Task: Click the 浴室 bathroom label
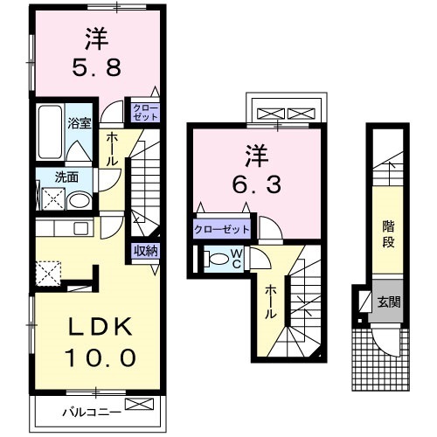coord(80,123)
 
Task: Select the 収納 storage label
coord(146,251)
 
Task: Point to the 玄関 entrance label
coord(389,303)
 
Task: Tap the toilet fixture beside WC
coord(213,260)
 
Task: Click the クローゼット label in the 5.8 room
coord(145,111)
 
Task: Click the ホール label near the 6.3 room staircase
coord(271,302)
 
